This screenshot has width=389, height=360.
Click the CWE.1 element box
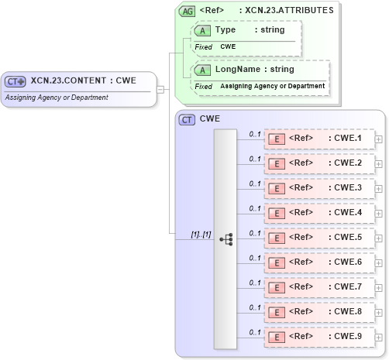318,139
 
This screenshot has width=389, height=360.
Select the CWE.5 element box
318,238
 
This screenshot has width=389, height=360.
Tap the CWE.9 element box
318,337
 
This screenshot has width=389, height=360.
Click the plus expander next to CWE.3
379,188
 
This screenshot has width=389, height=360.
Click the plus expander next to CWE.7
379,287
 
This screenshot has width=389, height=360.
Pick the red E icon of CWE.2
276,163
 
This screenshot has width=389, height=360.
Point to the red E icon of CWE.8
276,312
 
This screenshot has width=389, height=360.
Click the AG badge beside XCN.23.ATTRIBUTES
187,11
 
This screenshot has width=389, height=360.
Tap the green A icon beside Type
202,30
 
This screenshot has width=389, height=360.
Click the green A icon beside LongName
202,70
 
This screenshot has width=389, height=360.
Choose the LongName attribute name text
237,70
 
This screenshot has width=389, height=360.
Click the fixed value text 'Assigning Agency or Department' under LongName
272,85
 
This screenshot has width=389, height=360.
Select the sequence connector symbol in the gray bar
225,239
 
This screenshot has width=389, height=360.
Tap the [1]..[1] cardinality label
201,234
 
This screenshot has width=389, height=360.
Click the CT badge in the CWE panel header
187,120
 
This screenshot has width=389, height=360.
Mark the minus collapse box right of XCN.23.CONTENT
160,89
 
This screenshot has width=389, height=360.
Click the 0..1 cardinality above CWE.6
254,258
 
